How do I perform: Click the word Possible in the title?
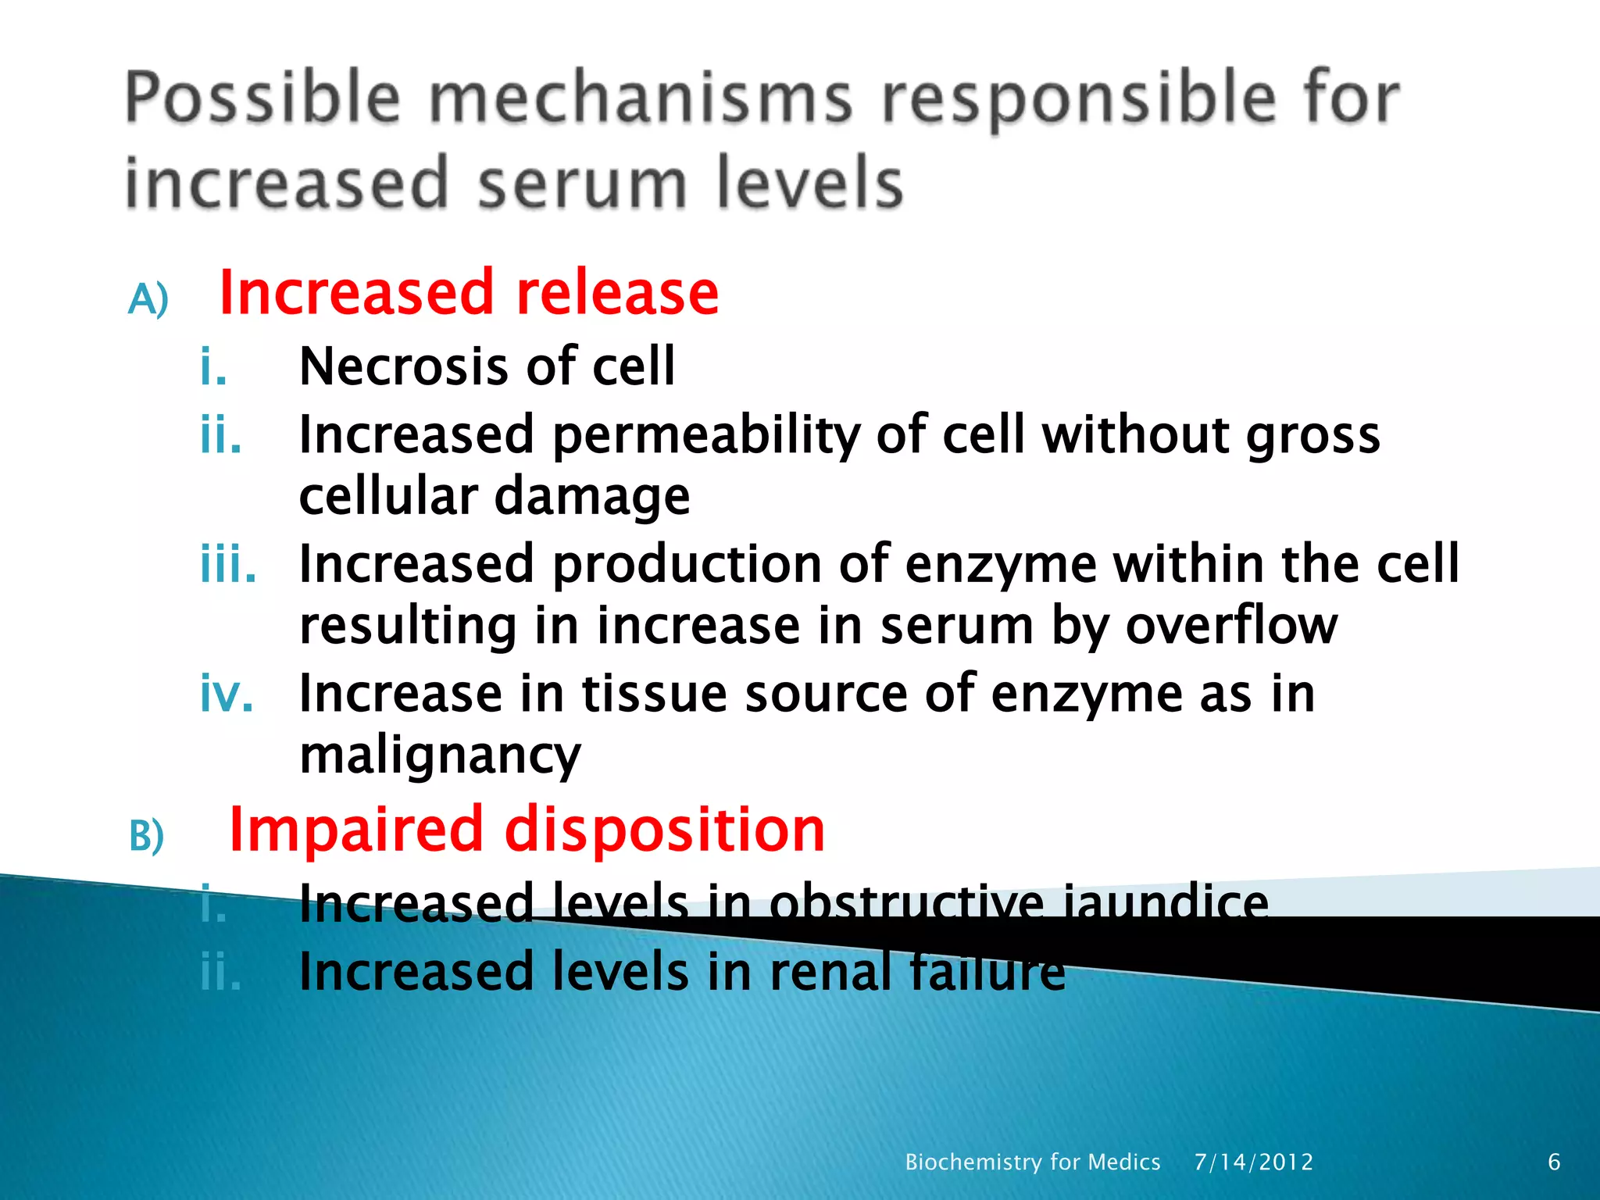point(262,98)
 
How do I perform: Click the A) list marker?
point(148,298)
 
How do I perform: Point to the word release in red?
point(616,292)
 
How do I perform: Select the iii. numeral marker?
point(227,563)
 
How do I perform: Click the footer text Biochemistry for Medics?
point(1032,1162)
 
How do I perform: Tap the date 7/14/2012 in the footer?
point(1253,1162)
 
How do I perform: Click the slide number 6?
point(1554,1162)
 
